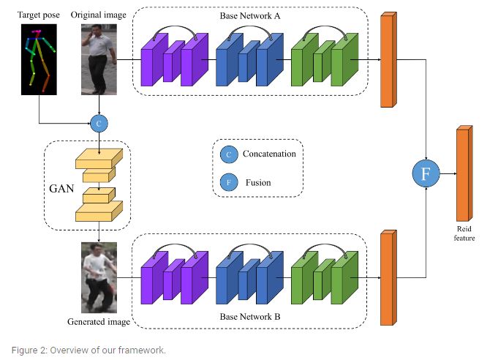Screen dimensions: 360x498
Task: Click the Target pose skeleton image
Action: coord(39,59)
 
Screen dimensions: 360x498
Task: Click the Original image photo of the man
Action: coord(99,59)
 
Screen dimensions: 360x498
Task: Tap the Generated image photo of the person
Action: coord(99,278)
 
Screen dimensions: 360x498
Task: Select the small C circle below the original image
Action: coord(99,122)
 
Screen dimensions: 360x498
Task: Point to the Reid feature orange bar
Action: coord(463,172)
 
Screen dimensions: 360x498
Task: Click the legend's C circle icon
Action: coord(229,154)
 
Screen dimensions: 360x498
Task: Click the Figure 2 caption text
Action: coord(88,350)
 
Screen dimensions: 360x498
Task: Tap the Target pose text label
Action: coord(39,15)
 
